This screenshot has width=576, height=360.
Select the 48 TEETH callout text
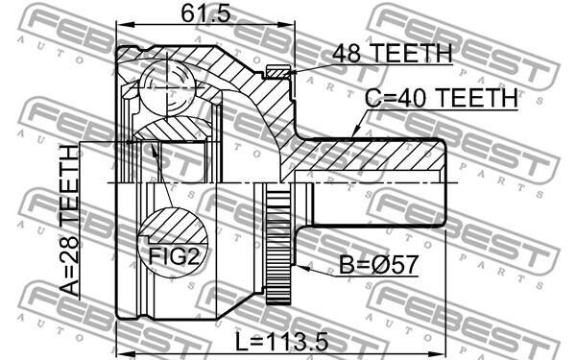point(392,53)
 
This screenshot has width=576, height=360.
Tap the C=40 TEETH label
point(442,98)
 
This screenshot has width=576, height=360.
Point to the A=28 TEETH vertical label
point(69,221)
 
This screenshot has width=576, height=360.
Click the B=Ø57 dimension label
point(378,265)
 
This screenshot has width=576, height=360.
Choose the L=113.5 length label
point(281,342)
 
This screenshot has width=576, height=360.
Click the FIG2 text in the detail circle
point(174,256)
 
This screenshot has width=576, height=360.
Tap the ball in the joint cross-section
point(166,87)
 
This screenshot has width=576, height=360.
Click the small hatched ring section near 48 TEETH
point(278,72)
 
